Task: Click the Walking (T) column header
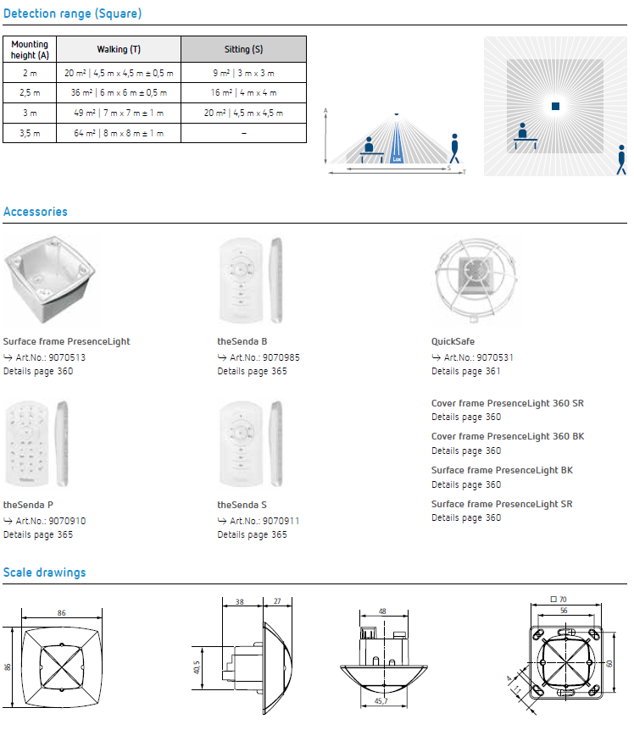119,49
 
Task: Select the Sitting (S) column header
243,49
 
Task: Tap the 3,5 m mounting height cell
30,133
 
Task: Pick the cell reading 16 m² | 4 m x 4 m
243,92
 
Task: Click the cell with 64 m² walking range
119,133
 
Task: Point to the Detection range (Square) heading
72,14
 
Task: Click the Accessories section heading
36,212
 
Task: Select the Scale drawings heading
45,572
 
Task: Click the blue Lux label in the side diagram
397,159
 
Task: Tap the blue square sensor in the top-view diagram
555,106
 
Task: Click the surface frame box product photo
50,279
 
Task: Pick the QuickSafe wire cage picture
475,280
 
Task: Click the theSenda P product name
29,505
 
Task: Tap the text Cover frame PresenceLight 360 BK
508,437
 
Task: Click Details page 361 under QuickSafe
466,372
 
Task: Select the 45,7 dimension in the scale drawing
381,701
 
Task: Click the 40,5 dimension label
197,667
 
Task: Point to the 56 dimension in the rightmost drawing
564,611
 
